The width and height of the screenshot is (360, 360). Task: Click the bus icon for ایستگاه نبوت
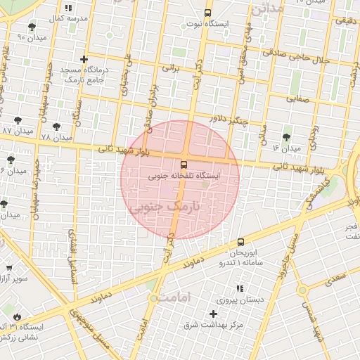click(207, 13)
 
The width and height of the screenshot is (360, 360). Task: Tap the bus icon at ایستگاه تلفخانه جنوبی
click(184, 166)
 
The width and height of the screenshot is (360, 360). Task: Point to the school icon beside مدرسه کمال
click(68, 7)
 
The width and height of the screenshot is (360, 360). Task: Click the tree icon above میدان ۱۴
click(286, 137)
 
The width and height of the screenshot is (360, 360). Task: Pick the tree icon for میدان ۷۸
click(56, 127)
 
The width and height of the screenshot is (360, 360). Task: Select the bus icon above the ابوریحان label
click(241, 242)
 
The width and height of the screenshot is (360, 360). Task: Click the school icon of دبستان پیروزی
click(239, 288)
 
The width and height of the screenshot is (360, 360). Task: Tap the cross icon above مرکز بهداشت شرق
click(214, 313)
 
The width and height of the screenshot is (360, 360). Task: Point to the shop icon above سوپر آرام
click(8, 268)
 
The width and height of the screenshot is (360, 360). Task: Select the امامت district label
click(175, 298)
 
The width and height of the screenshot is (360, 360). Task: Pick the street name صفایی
click(297, 98)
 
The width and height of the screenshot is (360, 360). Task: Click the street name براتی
click(172, 69)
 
